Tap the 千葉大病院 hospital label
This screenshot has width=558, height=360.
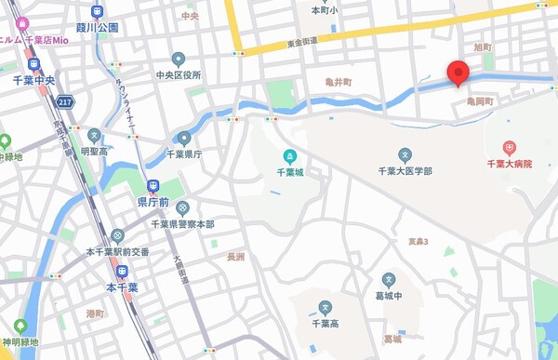click(x=509, y=164)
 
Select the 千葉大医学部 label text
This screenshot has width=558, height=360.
click(x=405, y=171)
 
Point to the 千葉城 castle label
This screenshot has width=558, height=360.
click(x=290, y=172)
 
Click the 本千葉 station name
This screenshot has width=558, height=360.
click(x=122, y=287)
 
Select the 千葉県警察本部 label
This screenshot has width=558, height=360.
click(x=182, y=224)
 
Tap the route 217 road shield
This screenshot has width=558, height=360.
click(x=64, y=100)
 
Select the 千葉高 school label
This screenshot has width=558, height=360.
click(x=325, y=323)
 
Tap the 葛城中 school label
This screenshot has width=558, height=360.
click(x=389, y=296)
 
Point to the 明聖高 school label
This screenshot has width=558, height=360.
click(x=94, y=151)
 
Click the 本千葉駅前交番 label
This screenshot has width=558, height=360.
click(x=117, y=252)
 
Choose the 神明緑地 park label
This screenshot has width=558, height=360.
click(x=20, y=342)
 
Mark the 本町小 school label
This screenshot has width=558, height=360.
click(x=324, y=10)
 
